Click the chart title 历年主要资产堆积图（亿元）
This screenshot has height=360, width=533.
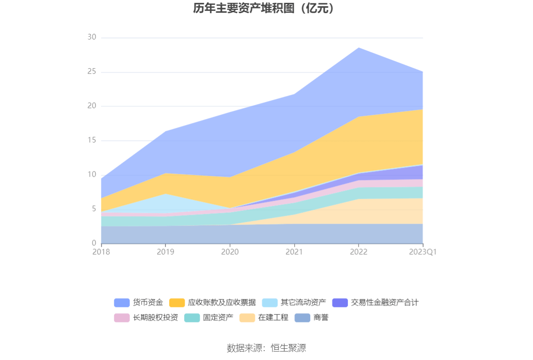tap(266, 8)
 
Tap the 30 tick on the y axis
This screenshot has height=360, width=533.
tap(92, 38)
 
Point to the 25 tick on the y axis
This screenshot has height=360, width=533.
tap(92, 72)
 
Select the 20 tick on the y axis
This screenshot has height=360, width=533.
tap(92, 106)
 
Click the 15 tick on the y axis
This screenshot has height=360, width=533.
tap(92, 141)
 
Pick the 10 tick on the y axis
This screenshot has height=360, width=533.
tap(92, 175)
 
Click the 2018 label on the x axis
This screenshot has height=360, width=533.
tap(101, 252)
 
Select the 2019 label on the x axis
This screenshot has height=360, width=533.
tap(165, 252)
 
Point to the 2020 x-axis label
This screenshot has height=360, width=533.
tap(230, 252)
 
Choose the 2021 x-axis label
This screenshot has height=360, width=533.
tap(294, 252)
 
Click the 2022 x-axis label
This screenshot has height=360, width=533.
tap(359, 252)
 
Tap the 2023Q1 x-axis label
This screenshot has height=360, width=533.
tap(423, 252)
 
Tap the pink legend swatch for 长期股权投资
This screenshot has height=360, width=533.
tap(122, 318)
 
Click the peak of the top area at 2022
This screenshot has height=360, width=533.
tap(359, 48)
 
